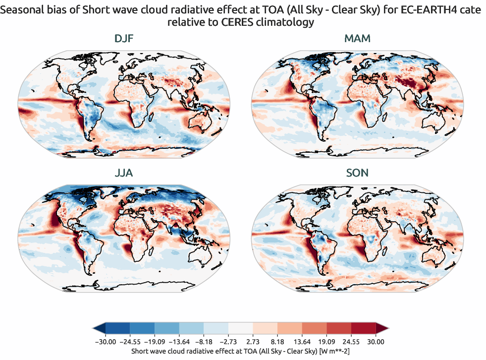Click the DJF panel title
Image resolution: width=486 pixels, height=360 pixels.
tap(124, 38)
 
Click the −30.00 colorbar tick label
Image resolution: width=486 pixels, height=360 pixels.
tap(105, 342)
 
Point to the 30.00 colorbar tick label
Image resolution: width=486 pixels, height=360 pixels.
tap(376, 342)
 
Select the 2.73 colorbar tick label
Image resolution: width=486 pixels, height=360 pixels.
tap(253, 342)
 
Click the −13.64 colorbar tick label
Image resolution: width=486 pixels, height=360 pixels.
tap(179, 342)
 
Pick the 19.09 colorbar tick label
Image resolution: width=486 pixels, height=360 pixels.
tap(326, 342)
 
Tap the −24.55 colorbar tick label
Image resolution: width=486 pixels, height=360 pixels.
tap(129, 342)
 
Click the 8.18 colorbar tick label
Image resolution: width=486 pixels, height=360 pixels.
tap(277, 342)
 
